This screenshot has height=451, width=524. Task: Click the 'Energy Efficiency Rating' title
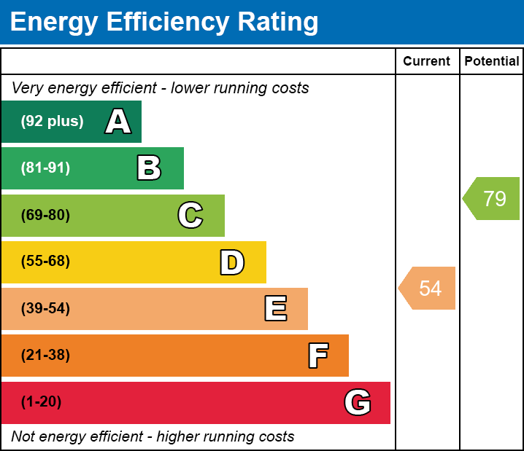click(x=164, y=22)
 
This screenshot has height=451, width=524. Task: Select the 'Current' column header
click(x=427, y=62)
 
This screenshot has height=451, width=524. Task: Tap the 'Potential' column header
click(x=492, y=62)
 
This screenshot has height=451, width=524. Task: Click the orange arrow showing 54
click(x=428, y=288)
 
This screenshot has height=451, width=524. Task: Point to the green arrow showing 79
click(x=493, y=198)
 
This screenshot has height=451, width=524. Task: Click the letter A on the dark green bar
click(x=118, y=122)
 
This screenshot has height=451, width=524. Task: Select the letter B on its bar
click(x=149, y=168)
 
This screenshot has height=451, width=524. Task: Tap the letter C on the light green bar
click(x=190, y=215)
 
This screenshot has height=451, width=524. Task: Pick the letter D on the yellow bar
click(x=232, y=262)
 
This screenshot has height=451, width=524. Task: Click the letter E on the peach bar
click(x=275, y=309)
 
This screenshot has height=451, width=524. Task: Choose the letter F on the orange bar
click(x=317, y=356)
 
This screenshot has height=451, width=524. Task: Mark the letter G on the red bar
click(x=358, y=402)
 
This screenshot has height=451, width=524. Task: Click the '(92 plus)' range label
click(x=52, y=122)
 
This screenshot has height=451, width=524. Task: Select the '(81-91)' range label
click(x=45, y=168)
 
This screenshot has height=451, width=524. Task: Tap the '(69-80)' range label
click(x=45, y=215)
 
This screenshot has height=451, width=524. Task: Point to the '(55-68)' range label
click(x=45, y=262)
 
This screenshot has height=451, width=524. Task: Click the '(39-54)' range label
click(x=45, y=308)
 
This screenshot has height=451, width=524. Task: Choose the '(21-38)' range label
click(x=45, y=356)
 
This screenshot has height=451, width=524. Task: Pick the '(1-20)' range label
click(x=41, y=402)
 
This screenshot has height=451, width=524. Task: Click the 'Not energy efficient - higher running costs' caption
click(x=153, y=437)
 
